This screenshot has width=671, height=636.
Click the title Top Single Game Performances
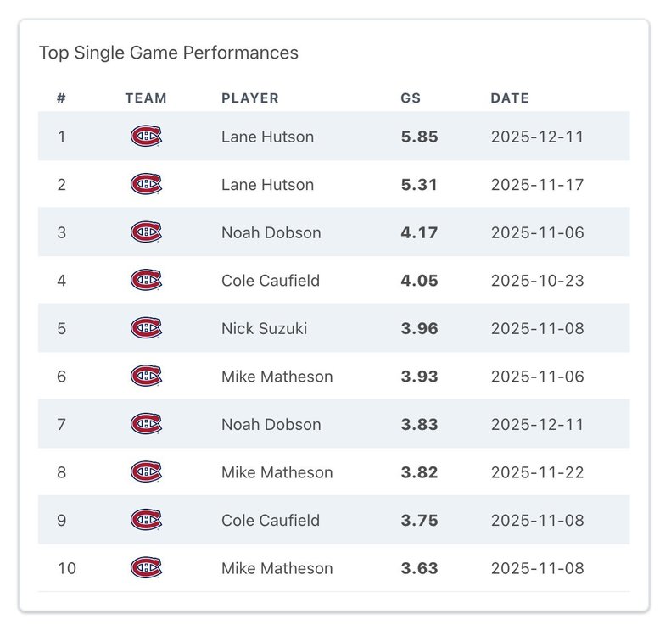(169, 53)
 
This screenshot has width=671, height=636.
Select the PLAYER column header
(249, 98)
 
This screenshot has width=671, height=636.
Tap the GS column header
(411, 98)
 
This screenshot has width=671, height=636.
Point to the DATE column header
(509, 98)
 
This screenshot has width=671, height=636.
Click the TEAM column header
(146, 98)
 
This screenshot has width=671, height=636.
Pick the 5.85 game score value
(419, 137)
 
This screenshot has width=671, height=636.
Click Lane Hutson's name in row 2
(267, 185)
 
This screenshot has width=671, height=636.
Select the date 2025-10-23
(537, 281)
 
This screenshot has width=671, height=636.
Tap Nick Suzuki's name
(265, 328)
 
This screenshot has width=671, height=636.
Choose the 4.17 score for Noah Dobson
(419, 232)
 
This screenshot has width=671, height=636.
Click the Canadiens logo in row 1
(146, 137)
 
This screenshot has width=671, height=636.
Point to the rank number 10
(66, 568)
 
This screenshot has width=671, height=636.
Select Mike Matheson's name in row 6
(277, 377)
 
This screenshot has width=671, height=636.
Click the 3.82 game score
(419, 472)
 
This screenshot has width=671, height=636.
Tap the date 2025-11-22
(537, 472)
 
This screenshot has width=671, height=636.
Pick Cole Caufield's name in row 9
(271, 521)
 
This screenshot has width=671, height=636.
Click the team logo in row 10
(146, 568)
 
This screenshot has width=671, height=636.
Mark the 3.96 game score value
(419, 328)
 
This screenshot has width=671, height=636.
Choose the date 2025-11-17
(537, 185)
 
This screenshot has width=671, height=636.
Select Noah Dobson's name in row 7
(271, 424)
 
